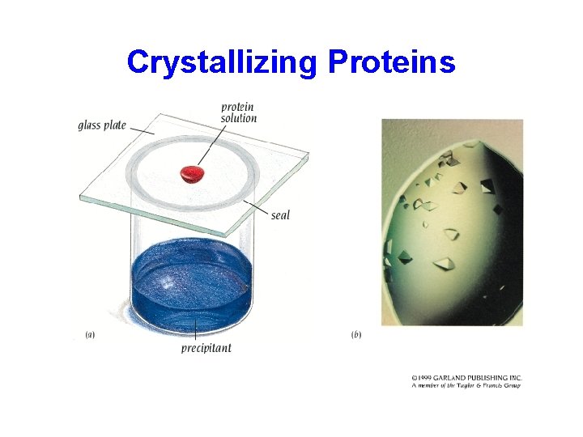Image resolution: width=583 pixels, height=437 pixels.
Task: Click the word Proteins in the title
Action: click(x=392, y=62)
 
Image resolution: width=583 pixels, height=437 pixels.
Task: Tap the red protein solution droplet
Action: click(x=193, y=172)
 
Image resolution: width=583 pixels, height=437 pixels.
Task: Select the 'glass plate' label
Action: click(x=102, y=125)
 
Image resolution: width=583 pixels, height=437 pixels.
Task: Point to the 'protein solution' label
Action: click(x=238, y=112)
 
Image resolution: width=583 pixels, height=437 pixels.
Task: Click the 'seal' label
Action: click(x=280, y=215)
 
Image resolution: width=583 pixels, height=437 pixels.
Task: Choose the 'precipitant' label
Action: click(x=206, y=348)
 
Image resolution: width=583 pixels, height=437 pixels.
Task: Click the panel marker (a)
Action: click(x=89, y=334)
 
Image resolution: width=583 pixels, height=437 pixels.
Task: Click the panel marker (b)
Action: click(x=356, y=334)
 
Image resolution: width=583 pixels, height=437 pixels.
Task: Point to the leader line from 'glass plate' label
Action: click(x=142, y=129)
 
